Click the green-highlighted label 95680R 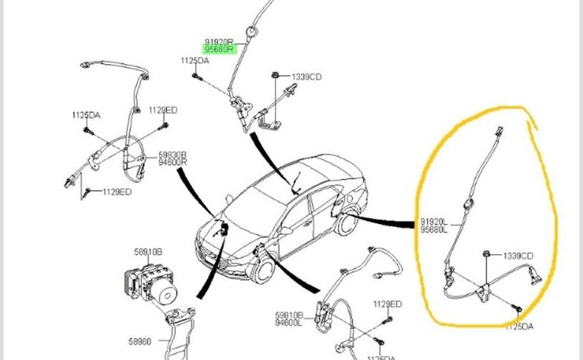point(219,50)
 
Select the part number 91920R point(218,42)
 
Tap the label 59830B point(173,155)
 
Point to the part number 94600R point(173,163)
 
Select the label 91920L point(434,222)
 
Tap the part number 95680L point(434,230)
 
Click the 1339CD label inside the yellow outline point(518,255)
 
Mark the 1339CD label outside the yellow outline point(307,76)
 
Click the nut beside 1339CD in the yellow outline point(487,253)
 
